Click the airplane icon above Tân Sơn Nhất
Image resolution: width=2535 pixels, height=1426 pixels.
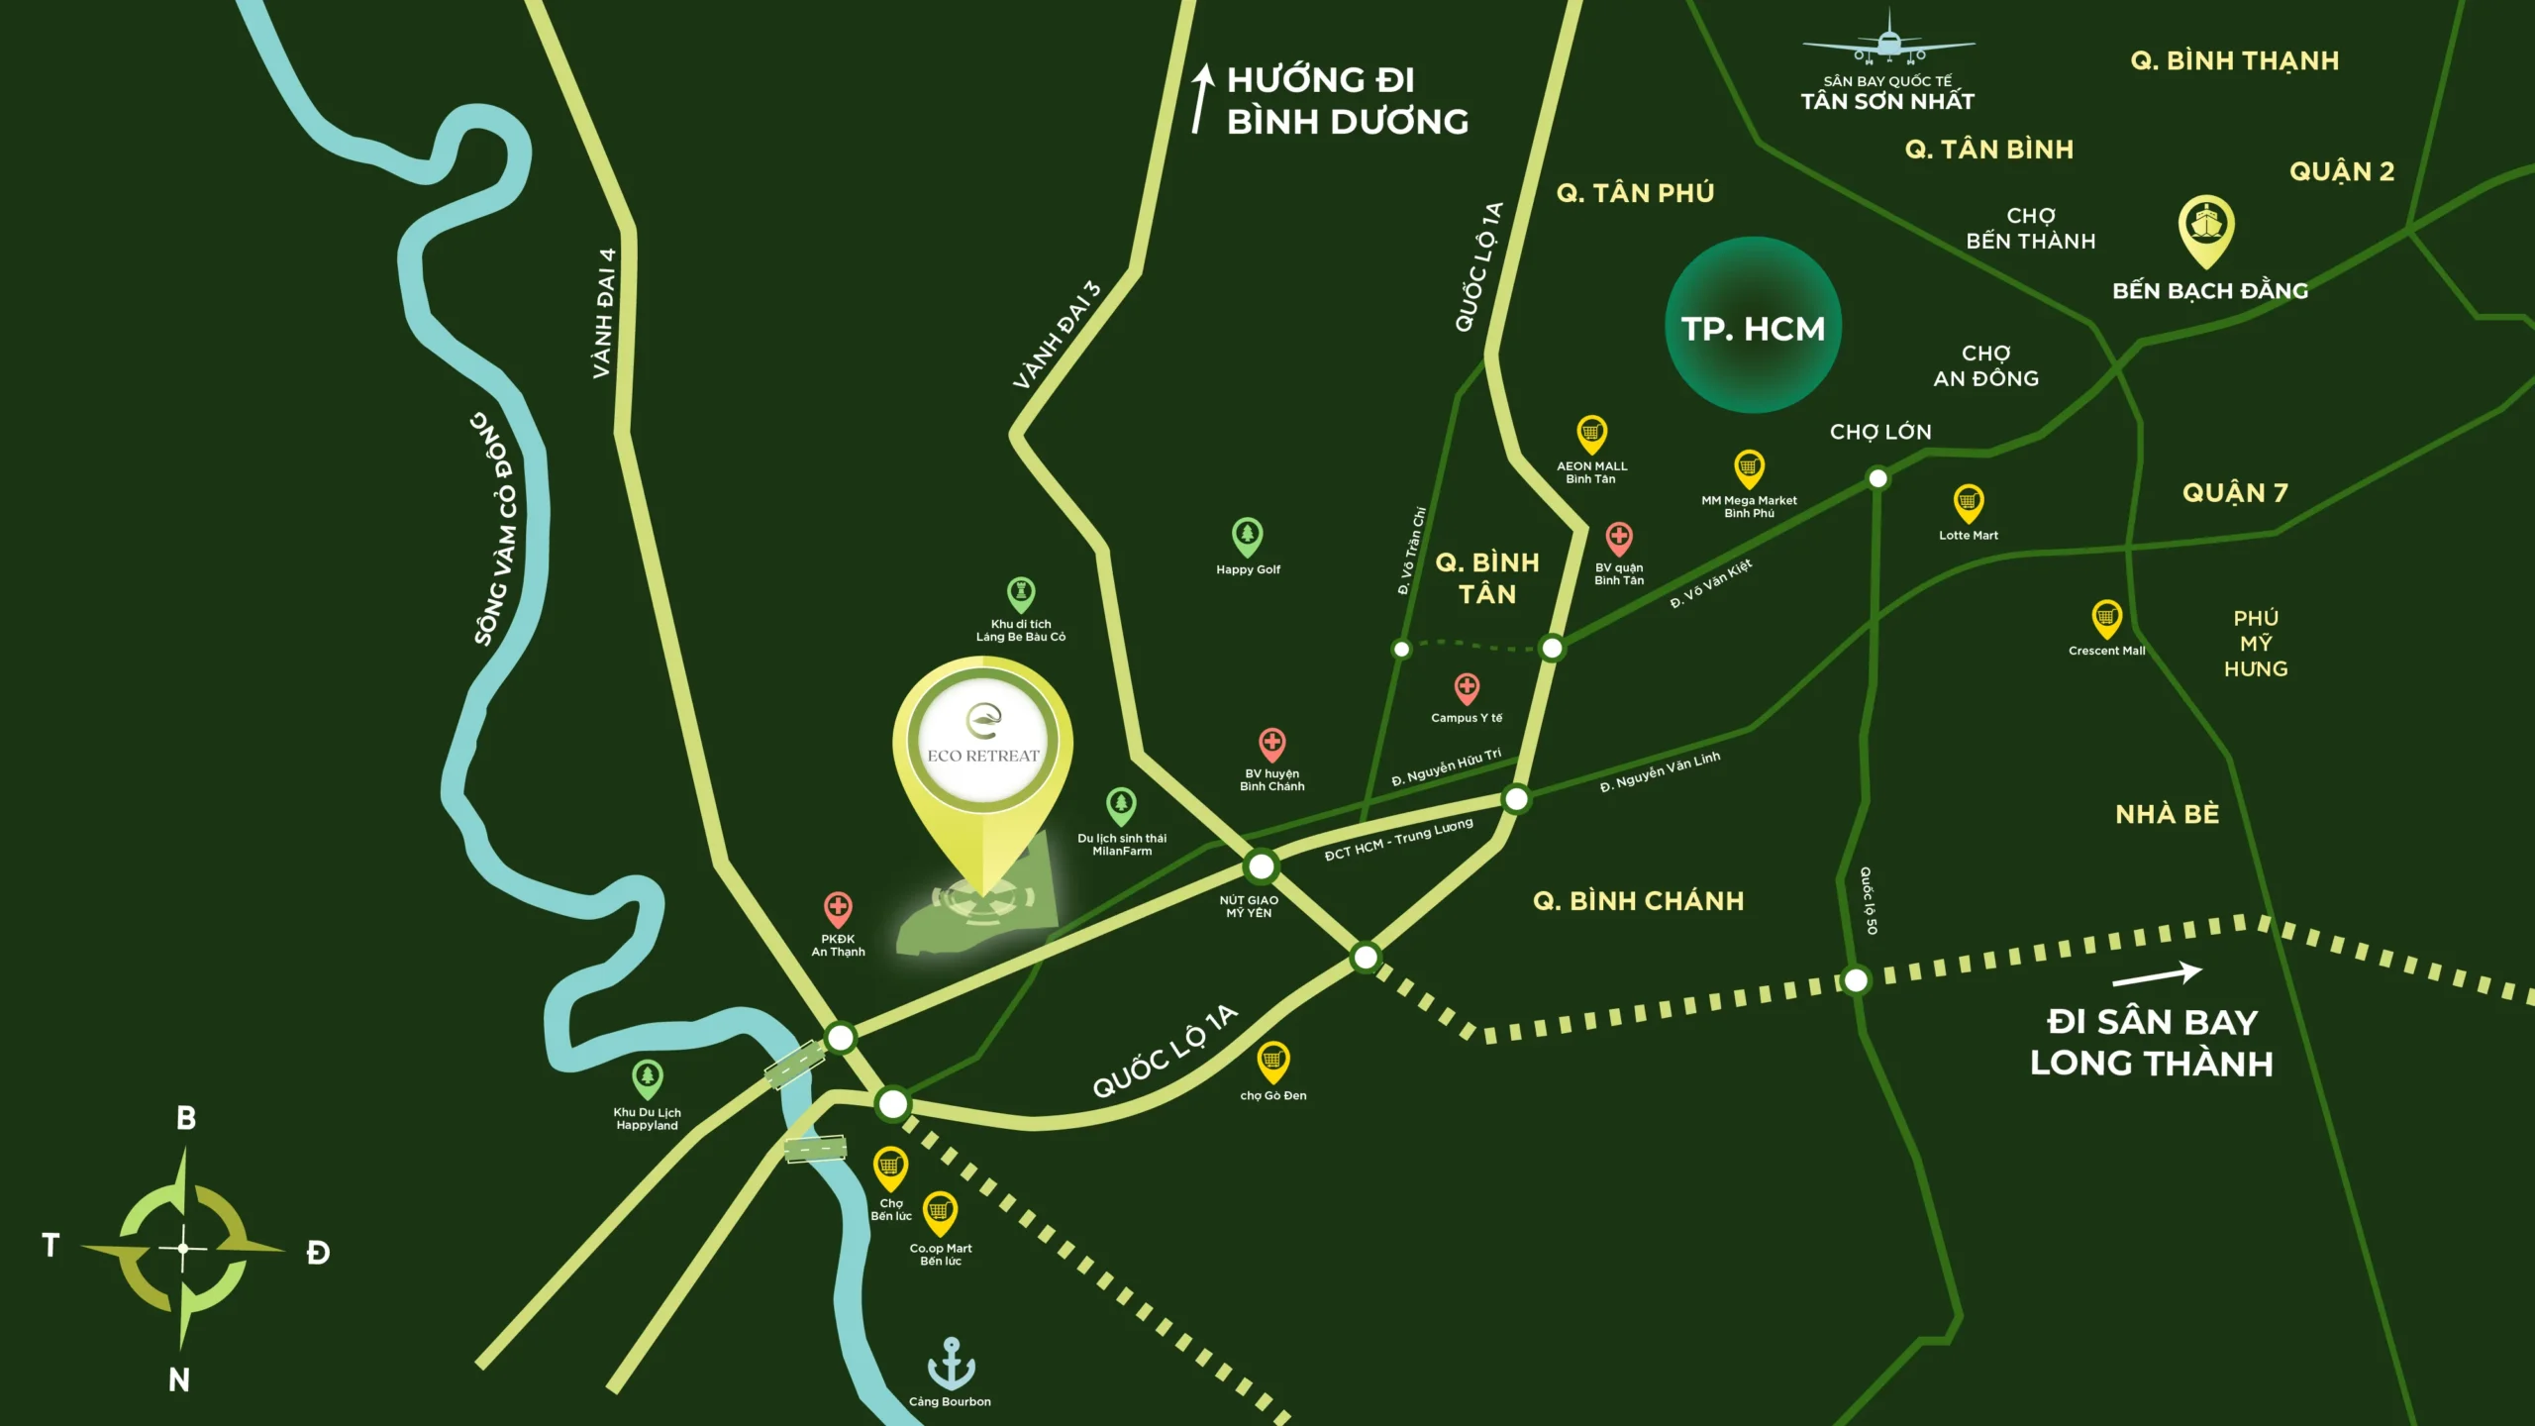point(1888,40)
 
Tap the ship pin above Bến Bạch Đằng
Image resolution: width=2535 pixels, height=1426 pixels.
point(2206,229)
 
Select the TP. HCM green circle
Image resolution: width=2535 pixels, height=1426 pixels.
point(1753,326)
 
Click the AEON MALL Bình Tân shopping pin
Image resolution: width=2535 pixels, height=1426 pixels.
point(1591,434)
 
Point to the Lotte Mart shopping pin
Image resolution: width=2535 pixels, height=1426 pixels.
point(1968,503)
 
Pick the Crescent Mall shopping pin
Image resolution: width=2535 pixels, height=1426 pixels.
point(2106,619)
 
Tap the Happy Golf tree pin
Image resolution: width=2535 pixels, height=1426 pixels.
point(1247,537)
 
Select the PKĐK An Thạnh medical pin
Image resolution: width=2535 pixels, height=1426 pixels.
point(838,908)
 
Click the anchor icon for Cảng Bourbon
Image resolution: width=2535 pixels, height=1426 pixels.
point(951,1363)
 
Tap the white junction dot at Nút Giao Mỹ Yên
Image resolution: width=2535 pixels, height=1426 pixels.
point(1261,867)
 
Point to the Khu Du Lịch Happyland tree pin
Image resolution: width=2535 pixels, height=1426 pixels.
point(647,1078)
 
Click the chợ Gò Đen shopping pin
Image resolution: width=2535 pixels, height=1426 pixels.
point(1272,1062)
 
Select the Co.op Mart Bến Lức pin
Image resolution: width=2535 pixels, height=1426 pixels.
point(939,1212)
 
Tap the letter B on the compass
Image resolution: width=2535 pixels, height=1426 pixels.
point(186,1118)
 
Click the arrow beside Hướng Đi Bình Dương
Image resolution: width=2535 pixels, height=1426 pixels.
point(1201,98)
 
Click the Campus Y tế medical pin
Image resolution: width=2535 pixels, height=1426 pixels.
point(1467,687)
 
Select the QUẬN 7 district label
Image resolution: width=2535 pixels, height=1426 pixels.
point(2234,493)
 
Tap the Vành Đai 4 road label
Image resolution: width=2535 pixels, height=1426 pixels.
point(603,313)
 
